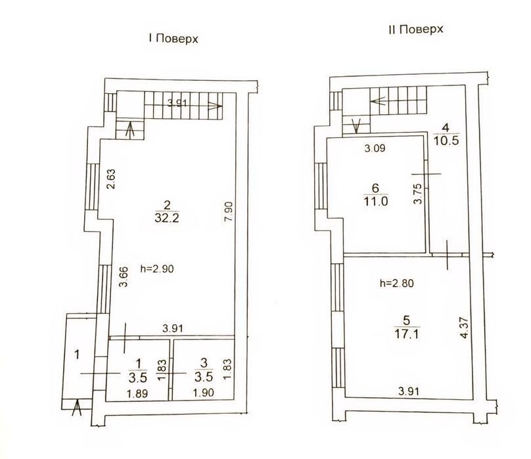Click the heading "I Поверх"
click(173, 39)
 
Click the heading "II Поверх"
click(416, 30)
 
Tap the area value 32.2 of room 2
click(167, 218)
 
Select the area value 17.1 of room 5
click(406, 334)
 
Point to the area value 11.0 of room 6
click(375, 201)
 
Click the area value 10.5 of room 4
click(446, 140)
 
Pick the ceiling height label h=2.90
click(157, 269)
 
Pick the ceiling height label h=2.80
click(396, 283)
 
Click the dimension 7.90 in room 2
click(229, 211)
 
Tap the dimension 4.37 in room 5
click(465, 327)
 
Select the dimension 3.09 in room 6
click(375, 148)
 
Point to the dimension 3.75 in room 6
click(418, 193)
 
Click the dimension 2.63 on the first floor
click(111, 179)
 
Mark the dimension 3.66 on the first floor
click(124, 277)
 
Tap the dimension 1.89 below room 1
click(137, 394)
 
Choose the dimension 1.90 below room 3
click(204, 393)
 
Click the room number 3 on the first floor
click(204, 363)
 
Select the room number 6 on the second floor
click(375, 188)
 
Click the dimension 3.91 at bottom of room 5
click(409, 391)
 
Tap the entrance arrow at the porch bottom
click(78, 408)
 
